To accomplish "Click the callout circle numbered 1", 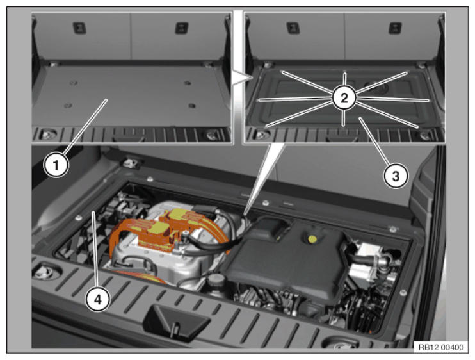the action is point(56,165).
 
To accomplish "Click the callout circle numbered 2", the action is point(344,98).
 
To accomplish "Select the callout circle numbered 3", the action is point(396,176).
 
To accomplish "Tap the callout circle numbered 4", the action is point(97,299).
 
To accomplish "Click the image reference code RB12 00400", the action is point(441,347).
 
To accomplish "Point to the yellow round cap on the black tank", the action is point(312,240).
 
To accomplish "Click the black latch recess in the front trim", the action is point(175,321).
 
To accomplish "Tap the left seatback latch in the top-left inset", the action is point(79,28).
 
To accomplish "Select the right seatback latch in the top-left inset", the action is point(182,28).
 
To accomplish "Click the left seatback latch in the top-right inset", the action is point(293,28).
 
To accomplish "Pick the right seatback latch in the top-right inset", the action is point(396,28).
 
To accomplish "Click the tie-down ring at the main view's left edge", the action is point(45,272).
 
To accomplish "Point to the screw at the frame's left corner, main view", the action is point(79,218).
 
